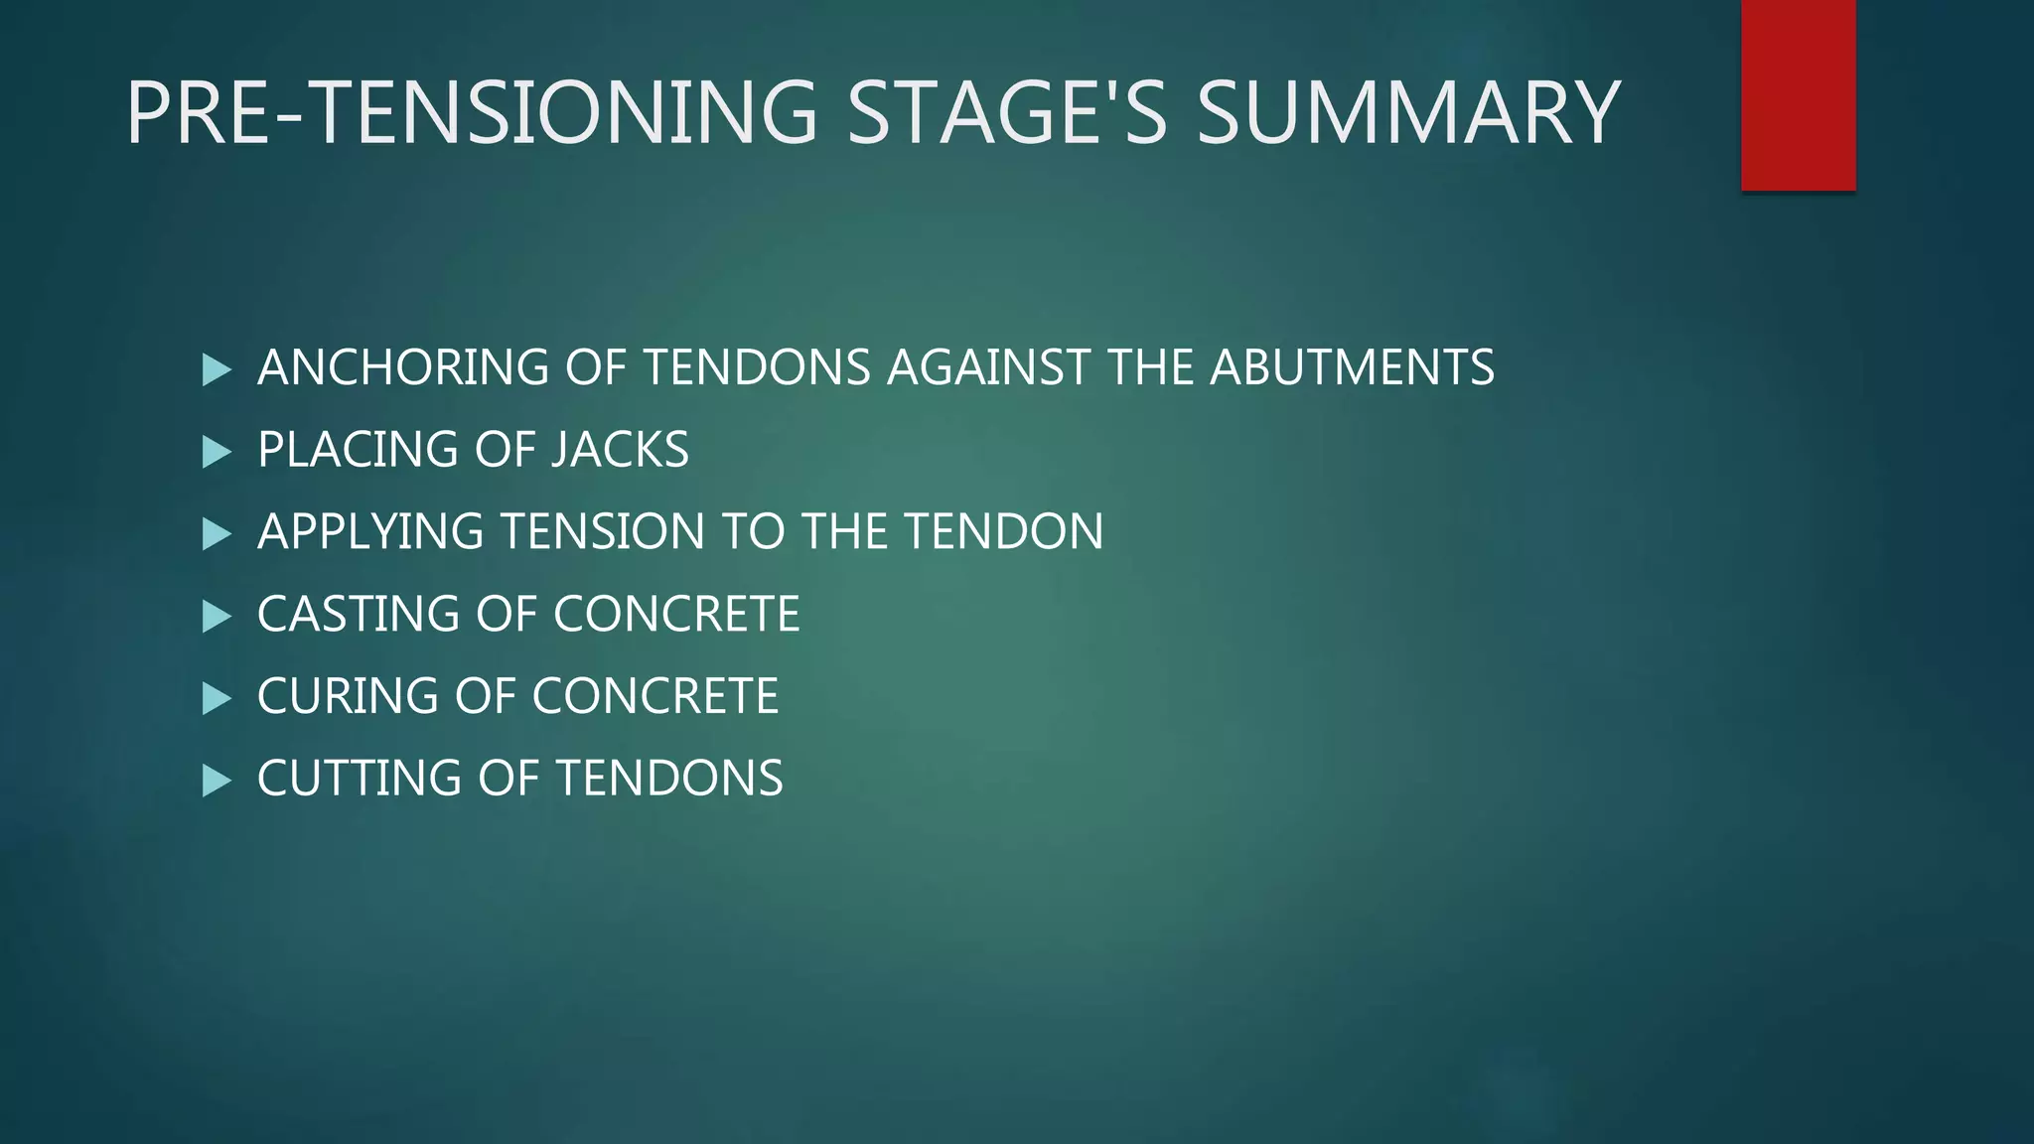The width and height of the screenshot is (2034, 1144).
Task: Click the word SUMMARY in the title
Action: (x=1407, y=113)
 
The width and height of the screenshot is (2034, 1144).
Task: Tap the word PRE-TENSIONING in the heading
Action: (x=471, y=113)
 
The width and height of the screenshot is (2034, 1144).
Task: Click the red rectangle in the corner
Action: (x=1798, y=94)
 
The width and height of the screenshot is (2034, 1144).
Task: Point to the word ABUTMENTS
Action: (x=1351, y=367)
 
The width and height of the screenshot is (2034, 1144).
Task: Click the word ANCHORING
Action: (x=402, y=367)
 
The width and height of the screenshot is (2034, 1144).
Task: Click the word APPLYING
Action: (x=371, y=532)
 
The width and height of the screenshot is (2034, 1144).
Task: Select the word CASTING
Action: (x=358, y=615)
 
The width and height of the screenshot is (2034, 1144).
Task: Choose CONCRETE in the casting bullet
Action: (x=676, y=615)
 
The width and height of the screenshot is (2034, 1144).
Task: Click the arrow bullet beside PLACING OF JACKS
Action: (x=216, y=453)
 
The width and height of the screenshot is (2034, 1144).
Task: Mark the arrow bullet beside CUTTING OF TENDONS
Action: (x=216, y=782)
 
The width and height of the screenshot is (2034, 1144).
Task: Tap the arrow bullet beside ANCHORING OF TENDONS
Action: (x=216, y=370)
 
